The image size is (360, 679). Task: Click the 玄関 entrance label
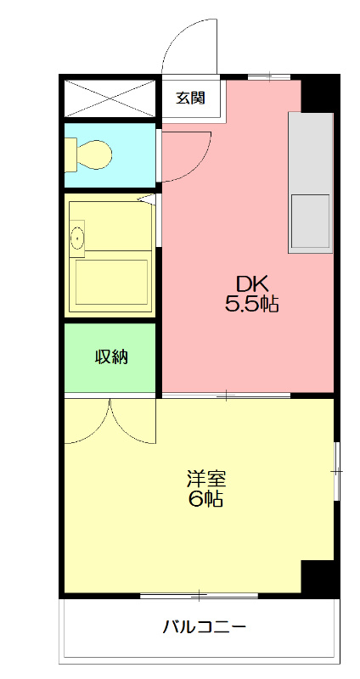click(x=190, y=98)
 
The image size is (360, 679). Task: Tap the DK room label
click(x=251, y=283)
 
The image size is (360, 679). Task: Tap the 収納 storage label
click(x=110, y=356)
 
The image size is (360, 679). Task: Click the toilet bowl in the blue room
click(x=93, y=154)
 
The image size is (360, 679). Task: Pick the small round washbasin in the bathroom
click(x=79, y=239)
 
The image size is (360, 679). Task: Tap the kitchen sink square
click(x=310, y=221)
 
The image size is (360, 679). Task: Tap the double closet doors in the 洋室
click(x=110, y=422)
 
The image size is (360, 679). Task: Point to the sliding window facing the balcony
click(x=199, y=595)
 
